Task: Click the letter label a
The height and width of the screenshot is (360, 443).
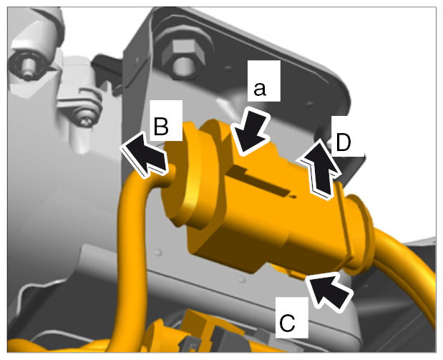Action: (260, 89)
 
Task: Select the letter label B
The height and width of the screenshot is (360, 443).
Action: (161, 126)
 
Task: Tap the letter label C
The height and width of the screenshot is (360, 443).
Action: (287, 322)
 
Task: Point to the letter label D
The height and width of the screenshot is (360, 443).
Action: (344, 142)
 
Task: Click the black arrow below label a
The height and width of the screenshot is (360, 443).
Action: (248, 132)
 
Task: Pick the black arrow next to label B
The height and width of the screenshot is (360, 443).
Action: (145, 155)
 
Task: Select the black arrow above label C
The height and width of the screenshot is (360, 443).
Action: (329, 291)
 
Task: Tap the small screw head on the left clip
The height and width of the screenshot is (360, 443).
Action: (85, 120)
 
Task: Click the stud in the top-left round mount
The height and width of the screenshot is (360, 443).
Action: (28, 69)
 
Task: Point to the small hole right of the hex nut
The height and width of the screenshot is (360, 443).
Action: (228, 68)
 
